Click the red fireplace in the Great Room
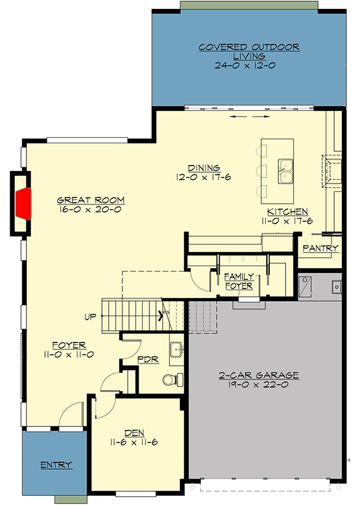[23, 203]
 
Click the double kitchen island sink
[286, 171]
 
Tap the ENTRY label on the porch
[56, 465]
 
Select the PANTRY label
[320, 248]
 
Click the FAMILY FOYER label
[239, 281]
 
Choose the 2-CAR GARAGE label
[258, 376]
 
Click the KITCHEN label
[287, 212]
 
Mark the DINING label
[203, 168]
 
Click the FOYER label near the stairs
[69, 345]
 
